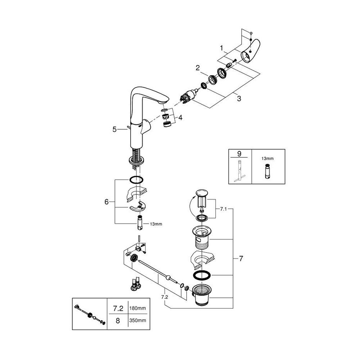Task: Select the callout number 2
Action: [x=198, y=67]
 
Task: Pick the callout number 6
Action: [x=107, y=202]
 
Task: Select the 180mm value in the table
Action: [x=136, y=308]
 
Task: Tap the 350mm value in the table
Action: [x=136, y=320]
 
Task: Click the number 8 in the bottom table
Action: [x=117, y=320]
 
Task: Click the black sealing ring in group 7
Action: [x=202, y=275]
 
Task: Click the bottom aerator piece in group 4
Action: [x=166, y=125]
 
